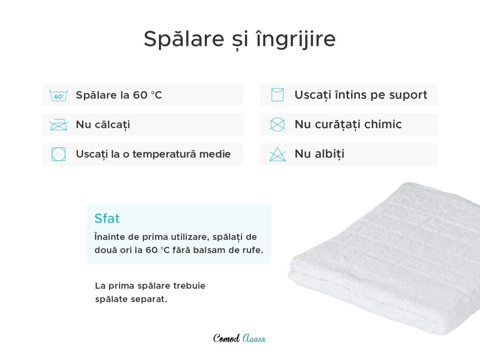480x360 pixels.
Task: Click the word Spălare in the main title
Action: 184,39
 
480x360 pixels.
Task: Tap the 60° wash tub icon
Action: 59,95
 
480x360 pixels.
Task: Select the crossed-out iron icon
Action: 59,125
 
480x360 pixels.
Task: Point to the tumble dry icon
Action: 59,154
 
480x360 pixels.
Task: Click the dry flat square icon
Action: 277,95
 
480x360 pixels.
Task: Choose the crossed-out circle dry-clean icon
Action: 277,125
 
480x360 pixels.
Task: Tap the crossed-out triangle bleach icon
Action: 277,154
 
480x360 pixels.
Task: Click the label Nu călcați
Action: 103,125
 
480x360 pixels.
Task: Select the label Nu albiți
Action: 320,154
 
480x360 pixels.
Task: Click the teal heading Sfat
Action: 107,218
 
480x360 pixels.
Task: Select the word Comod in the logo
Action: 226,338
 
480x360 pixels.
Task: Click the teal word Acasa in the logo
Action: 254,338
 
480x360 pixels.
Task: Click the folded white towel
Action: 384,257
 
